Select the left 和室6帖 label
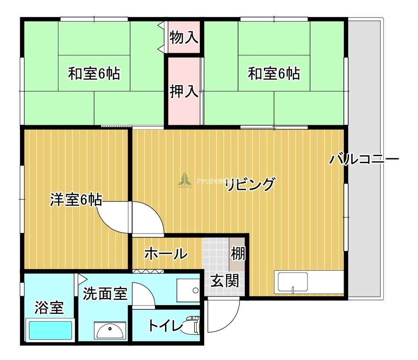click(94, 73)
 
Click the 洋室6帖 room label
click(76, 200)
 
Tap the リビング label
click(250, 185)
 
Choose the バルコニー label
click(364, 159)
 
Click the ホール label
click(166, 254)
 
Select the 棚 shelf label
click(238, 254)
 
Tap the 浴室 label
click(49, 308)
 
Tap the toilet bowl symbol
click(193, 325)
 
